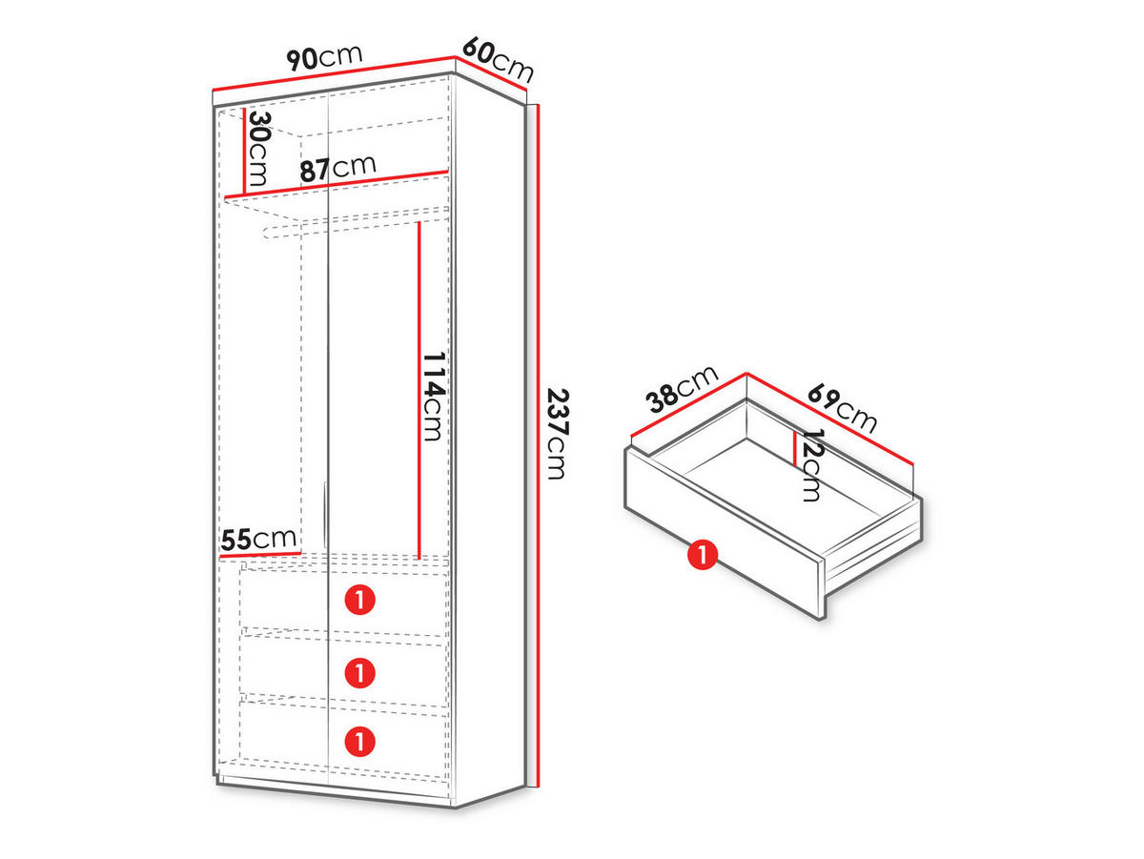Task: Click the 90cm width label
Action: coord(323,57)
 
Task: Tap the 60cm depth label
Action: coord(498,59)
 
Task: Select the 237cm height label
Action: coord(557,434)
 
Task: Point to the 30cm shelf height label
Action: coord(258,149)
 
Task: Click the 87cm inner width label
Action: coord(337,168)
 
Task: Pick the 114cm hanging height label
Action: coord(434,397)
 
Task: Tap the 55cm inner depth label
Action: coord(258,539)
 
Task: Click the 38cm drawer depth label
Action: coord(682,389)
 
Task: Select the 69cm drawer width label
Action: coord(842,408)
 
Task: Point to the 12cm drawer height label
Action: coord(810,465)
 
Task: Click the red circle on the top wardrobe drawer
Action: coord(360,600)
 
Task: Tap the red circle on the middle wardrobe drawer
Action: coord(360,672)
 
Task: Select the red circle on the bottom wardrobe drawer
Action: coord(360,741)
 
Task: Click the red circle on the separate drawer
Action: coord(702,555)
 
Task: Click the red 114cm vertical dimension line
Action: coord(419,390)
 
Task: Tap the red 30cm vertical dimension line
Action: coord(244,152)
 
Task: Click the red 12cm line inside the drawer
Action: coord(794,449)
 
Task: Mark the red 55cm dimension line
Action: coord(260,556)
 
